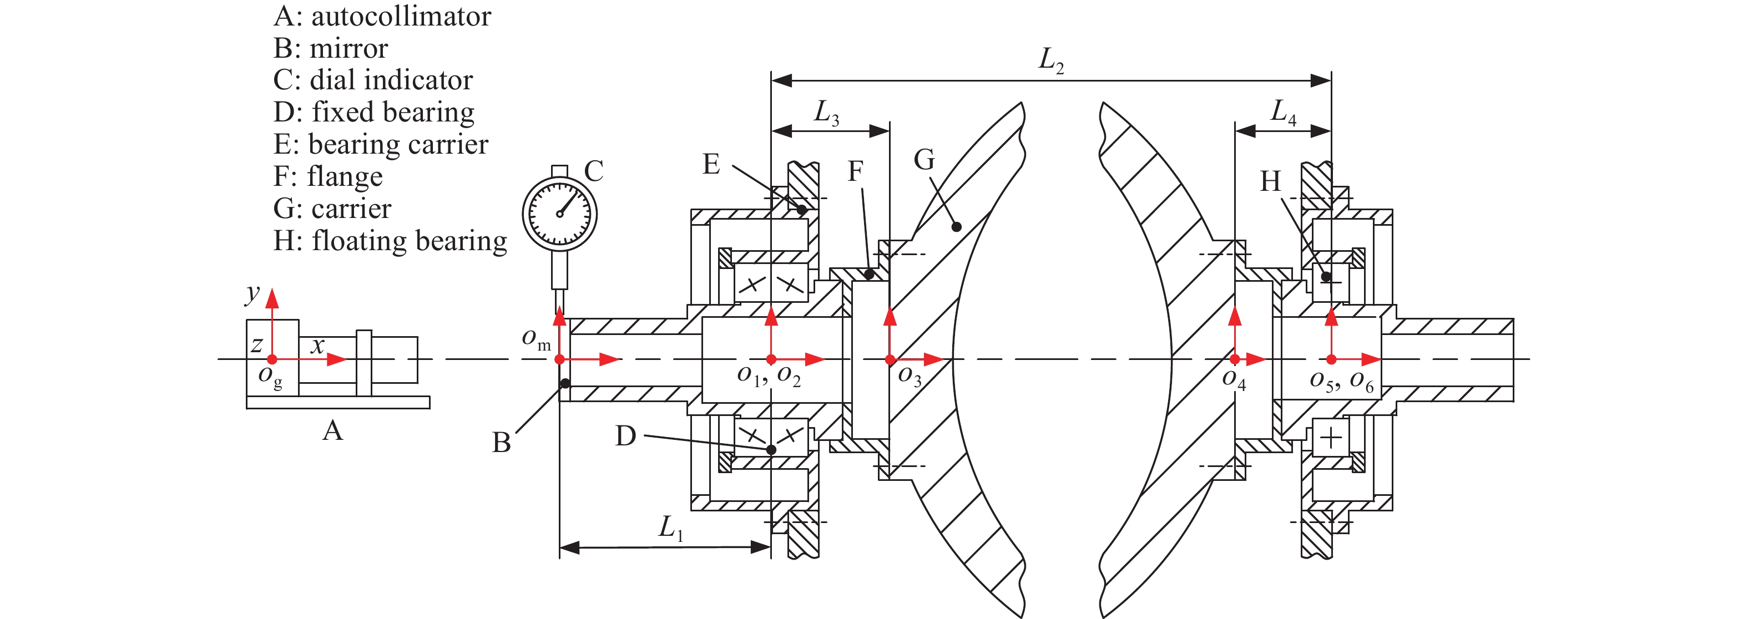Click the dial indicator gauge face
pos(559,214)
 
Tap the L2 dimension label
pos(1050,60)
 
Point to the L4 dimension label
pos(1283,112)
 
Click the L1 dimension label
pos(670,527)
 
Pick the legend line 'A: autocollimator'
pos(382,16)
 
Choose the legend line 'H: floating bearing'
pos(390,241)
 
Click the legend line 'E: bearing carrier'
pos(381,144)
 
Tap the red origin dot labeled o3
pos(890,359)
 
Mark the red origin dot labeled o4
pos(1235,359)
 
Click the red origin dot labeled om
pos(560,359)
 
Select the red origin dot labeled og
pos(272,359)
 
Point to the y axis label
pos(252,293)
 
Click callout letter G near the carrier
pos(924,160)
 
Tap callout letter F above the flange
pos(856,171)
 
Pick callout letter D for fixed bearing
pos(625,436)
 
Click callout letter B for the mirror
pos(502,443)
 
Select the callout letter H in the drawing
pos(1270,182)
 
